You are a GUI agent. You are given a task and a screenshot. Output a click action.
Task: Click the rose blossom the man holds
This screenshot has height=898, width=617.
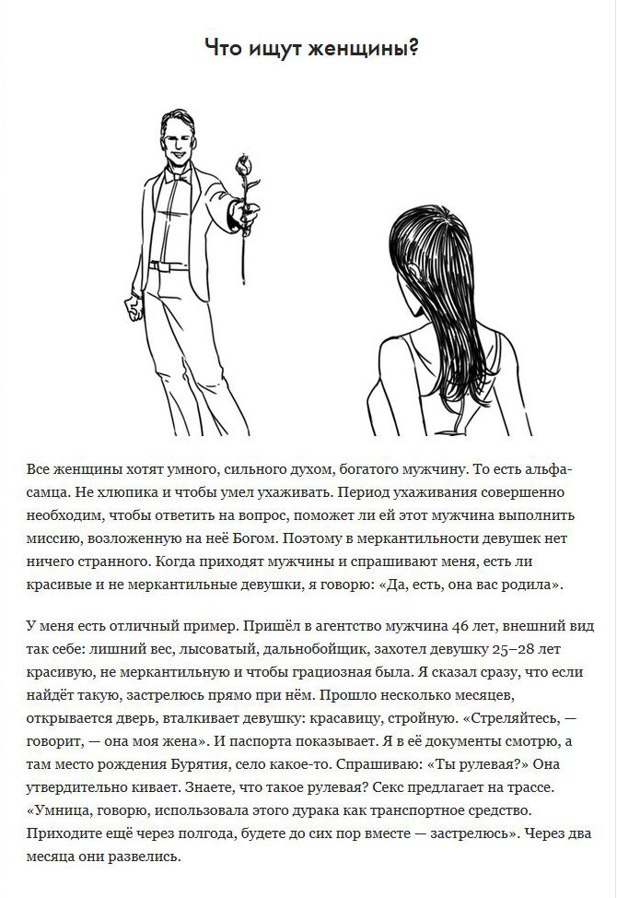click(244, 166)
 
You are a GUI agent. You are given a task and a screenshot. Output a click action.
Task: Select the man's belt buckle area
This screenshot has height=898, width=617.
click(161, 266)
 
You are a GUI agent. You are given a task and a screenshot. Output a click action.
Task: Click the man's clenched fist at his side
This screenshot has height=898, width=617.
click(134, 308)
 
